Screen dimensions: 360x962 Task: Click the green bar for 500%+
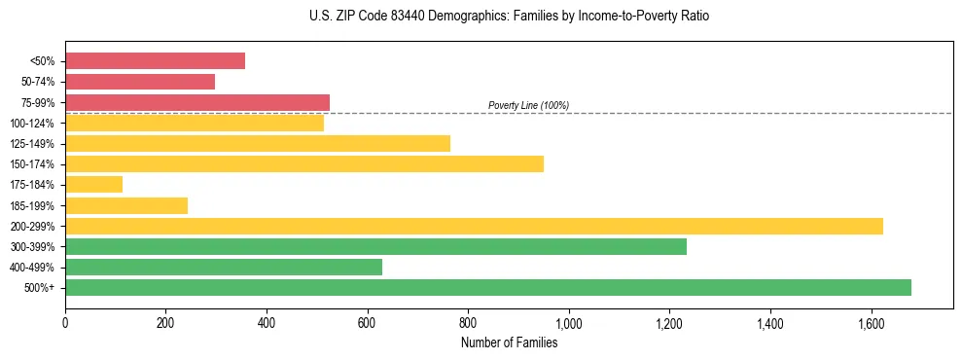point(488,287)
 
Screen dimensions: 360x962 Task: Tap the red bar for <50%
point(155,61)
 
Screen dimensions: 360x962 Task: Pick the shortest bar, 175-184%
point(93,184)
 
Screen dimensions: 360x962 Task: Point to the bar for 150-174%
point(304,163)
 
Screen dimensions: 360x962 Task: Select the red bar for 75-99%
point(197,102)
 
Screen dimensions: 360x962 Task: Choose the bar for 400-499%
point(224,267)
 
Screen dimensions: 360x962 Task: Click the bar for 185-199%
point(126,205)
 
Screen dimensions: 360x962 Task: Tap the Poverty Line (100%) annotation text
point(528,105)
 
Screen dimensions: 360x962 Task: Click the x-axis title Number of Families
point(509,342)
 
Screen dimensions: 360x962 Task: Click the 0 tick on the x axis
point(65,322)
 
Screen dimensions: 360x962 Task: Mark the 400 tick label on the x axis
point(267,322)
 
